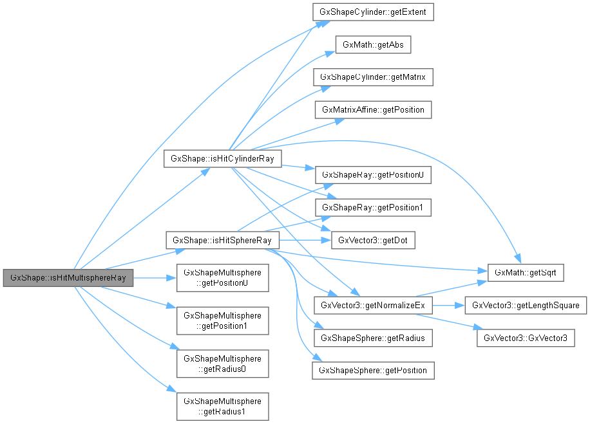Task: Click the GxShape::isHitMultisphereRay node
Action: click(68, 278)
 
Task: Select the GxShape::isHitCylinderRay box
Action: click(222, 158)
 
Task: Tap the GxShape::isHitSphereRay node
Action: click(222, 240)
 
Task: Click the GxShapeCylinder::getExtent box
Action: click(372, 12)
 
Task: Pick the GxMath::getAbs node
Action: click(372, 44)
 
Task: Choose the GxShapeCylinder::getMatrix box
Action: click(372, 77)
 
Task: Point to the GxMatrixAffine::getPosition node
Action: click(372, 109)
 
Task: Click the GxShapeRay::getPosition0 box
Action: click(372, 175)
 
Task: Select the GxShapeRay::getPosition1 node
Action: click(372, 208)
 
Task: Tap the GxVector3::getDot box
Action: click(372, 241)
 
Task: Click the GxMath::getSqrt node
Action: click(526, 273)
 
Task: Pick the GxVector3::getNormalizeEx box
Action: click(372, 305)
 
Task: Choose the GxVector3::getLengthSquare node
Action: click(526, 305)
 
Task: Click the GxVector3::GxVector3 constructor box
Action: click(526, 338)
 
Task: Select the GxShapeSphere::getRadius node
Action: click(372, 338)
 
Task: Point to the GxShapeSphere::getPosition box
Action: click(372, 371)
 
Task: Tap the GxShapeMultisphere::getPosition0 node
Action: click(222, 278)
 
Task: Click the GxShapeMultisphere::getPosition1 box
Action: click(222, 320)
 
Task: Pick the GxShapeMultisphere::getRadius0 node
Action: click(222, 364)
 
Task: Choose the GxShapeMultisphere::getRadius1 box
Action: click(222, 406)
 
